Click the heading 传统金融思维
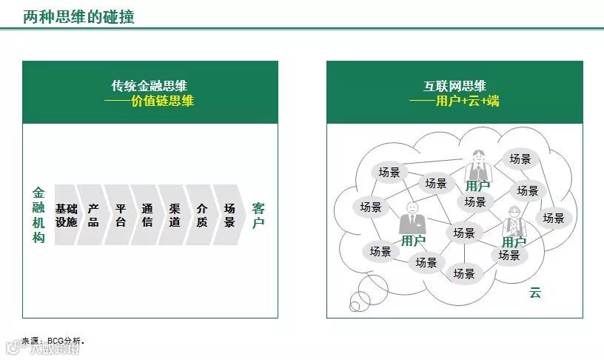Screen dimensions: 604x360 click(150, 86)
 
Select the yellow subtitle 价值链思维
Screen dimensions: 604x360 click(162, 101)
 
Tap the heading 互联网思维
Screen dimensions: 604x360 click(454, 86)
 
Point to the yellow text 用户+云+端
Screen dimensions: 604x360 click(467, 101)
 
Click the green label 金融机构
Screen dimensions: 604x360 click(38, 215)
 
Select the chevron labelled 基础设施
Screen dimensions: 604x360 click(66, 215)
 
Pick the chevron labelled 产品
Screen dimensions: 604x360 click(93, 215)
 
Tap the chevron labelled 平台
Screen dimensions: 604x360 click(121, 215)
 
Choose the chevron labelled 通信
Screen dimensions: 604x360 click(147, 215)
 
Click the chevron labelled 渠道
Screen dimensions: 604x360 click(175, 215)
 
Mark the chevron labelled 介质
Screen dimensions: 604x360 click(202, 215)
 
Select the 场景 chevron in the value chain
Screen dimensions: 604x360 click(229, 215)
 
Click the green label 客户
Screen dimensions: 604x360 click(258, 215)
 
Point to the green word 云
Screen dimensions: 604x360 click(534, 293)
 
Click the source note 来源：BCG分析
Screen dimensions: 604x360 click(53, 341)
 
